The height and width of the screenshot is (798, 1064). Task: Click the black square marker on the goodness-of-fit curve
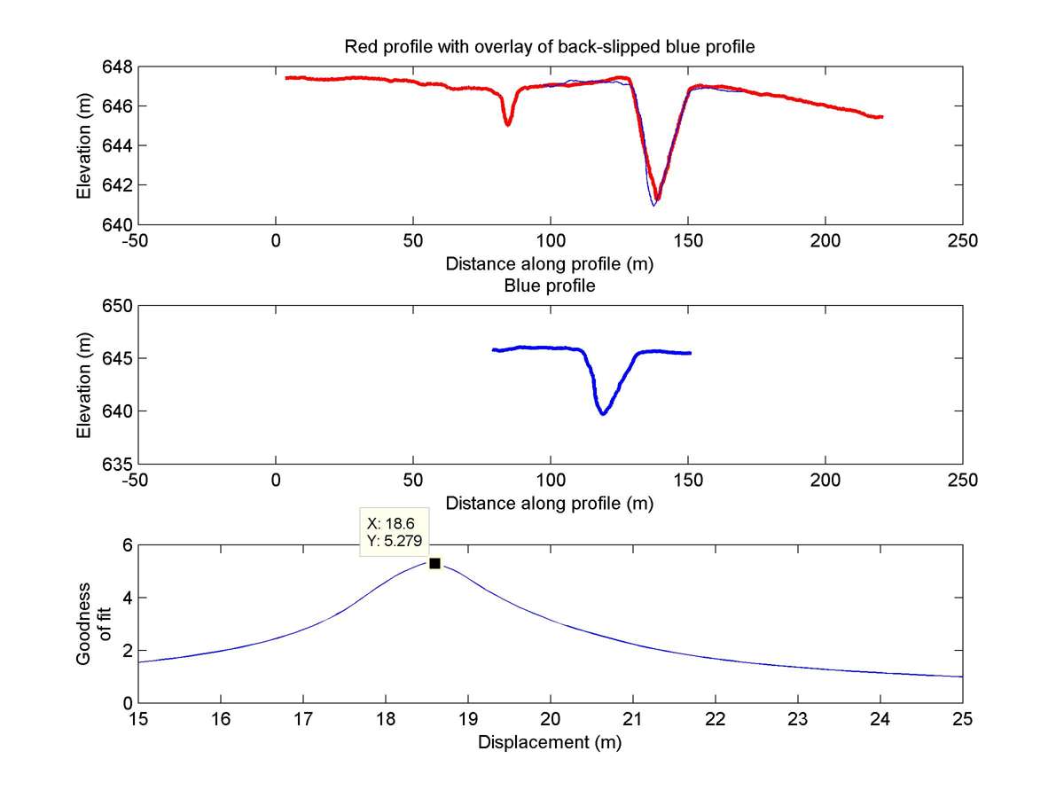[434, 563]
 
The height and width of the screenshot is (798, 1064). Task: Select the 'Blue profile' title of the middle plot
[550, 286]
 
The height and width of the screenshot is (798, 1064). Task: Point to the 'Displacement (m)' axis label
[550, 743]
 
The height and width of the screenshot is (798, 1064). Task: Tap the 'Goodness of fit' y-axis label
[92, 623]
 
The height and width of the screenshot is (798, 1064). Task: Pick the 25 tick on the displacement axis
[962, 719]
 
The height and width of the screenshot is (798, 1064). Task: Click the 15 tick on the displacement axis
[138, 719]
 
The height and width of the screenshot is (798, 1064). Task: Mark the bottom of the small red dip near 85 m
[508, 124]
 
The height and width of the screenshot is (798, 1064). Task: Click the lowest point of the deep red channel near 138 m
[657, 199]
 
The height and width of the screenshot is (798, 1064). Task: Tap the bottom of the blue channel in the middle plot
[603, 413]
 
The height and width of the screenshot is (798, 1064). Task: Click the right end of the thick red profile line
[881, 116]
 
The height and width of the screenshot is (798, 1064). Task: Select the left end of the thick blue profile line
[494, 350]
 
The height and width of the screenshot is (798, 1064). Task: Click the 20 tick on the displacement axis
[551, 719]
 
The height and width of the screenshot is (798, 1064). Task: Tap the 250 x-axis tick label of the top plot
[962, 240]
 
